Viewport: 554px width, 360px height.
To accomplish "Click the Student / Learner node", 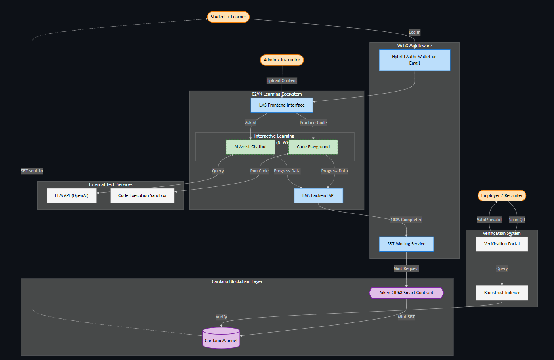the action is (228, 17).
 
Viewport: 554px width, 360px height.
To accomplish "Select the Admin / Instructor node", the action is (282, 60).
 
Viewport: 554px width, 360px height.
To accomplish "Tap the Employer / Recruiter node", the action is (502, 196).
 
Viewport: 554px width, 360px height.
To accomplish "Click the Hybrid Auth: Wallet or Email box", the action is (415, 60).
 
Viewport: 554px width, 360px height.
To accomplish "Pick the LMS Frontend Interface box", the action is (282, 105).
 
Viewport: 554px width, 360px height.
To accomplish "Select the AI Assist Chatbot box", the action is (250, 147).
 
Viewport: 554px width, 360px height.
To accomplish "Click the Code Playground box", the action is (313, 147).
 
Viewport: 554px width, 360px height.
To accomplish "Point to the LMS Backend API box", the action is (319, 196).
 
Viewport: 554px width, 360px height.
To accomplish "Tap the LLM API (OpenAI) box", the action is (72, 196).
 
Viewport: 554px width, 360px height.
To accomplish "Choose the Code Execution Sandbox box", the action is (142, 196).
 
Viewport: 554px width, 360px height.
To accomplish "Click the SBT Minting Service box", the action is (406, 244).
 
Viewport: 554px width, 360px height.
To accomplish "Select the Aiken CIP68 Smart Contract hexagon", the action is (406, 293).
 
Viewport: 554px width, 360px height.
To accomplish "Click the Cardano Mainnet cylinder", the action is (222, 338).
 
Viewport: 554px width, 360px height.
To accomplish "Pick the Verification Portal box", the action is (502, 244).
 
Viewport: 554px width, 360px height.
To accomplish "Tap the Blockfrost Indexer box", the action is (502, 293).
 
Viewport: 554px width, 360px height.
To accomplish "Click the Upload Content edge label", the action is (282, 80).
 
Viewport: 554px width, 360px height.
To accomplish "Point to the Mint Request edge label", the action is (406, 269).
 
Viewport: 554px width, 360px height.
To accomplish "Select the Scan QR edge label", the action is (517, 220).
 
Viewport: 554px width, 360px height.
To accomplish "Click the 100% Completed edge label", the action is (406, 220).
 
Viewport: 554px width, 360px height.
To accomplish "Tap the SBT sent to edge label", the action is (32, 171).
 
